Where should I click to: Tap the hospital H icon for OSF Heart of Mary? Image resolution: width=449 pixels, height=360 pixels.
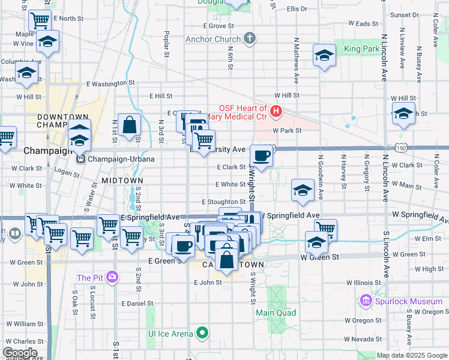click(276, 111)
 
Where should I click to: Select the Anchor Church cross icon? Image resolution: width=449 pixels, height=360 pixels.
click(250, 40)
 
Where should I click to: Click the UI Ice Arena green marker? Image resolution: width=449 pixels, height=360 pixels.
click(203, 333)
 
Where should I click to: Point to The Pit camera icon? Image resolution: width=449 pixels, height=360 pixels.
click(112, 277)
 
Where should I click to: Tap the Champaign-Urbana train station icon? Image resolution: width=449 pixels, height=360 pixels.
click(80, 159)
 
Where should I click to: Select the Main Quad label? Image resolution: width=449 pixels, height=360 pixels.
click(276, 313)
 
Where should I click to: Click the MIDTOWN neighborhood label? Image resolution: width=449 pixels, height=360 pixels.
click(122, 180)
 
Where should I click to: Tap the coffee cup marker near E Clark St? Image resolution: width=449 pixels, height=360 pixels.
click(261, 156)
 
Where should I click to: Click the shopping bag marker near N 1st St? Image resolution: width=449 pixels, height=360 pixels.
click(129, 125)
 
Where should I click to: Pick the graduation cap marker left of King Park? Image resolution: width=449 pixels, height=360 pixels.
click(324, 56)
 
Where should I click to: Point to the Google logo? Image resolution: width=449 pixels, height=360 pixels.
click(20, 353)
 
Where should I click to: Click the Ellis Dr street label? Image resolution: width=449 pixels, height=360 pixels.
click(297, 9)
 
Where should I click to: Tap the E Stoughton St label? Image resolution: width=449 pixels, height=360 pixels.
click(224, 202)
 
